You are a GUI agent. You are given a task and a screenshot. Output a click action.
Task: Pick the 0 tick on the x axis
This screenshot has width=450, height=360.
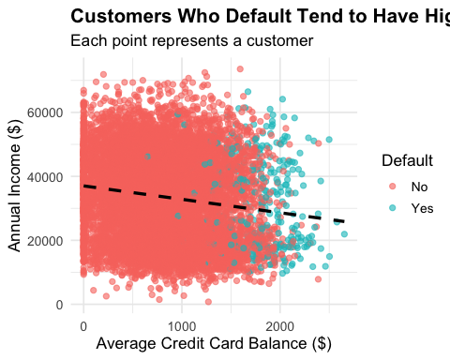pos(83,324)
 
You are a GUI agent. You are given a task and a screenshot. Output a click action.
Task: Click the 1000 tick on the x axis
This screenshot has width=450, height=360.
pos(183,324)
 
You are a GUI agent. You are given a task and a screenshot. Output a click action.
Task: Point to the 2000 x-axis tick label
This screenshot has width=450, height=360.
pos(282,324)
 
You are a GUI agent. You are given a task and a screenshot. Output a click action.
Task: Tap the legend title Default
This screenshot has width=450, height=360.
pos(405,161)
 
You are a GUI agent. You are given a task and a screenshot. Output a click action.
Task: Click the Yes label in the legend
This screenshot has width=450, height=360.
pos(411,207)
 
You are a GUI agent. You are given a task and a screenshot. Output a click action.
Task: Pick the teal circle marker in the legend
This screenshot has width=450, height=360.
pos(384,207)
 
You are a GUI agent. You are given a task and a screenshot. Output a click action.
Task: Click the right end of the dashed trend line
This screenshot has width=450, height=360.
pos(345,222)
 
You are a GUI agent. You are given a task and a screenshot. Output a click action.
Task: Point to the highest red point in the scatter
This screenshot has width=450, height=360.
pos(240,68)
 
